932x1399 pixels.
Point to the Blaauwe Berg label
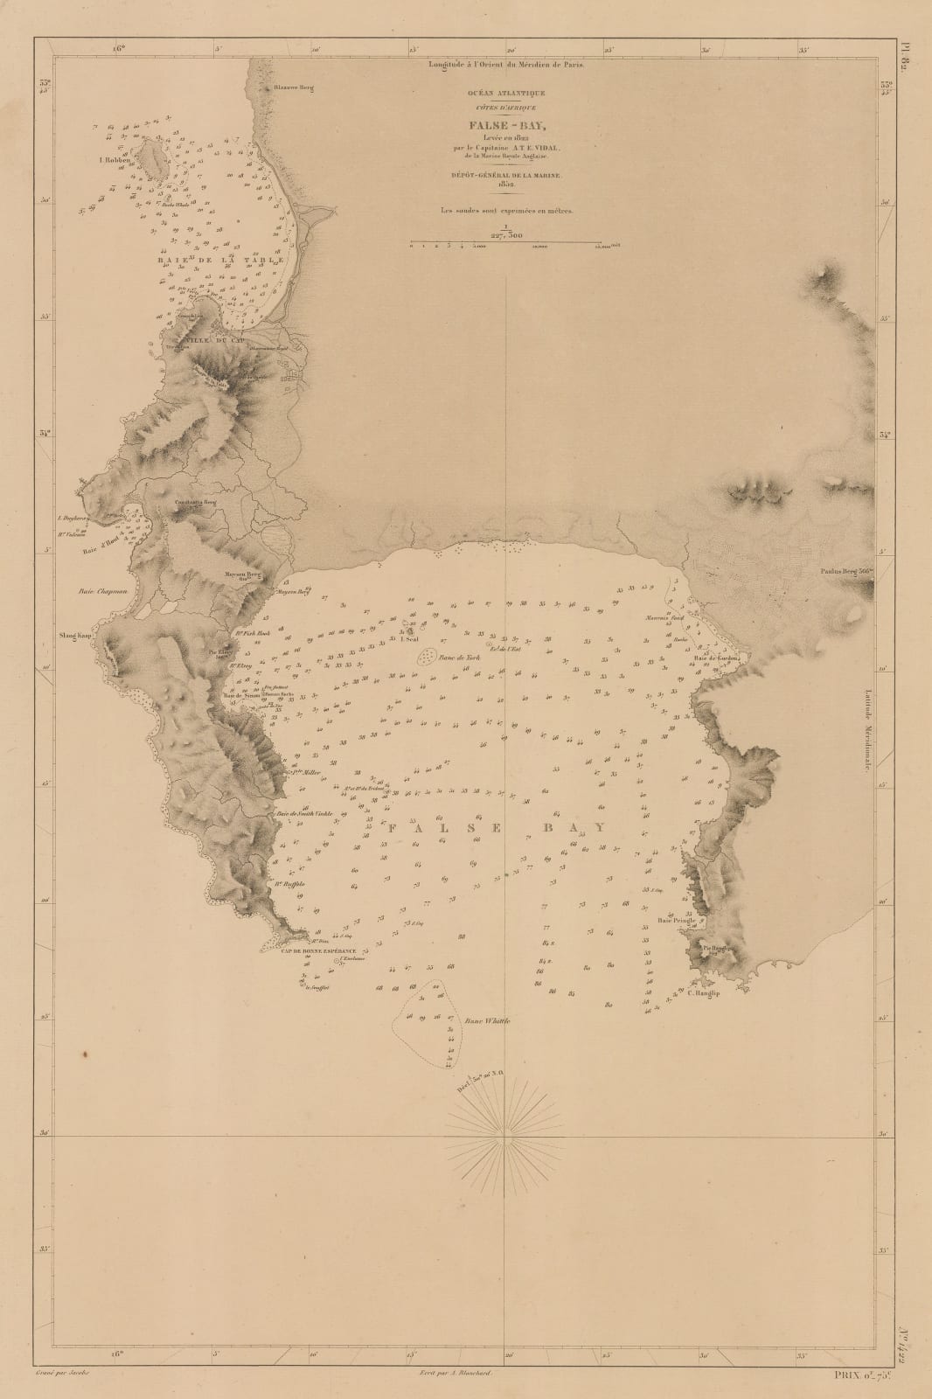[293, 87]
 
